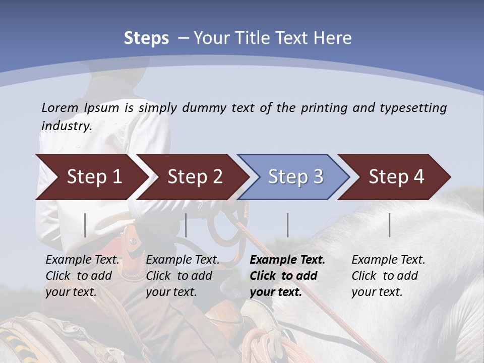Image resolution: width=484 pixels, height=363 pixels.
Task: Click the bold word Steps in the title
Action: click(146, 38)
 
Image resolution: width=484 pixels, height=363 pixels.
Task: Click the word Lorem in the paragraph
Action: click(60, 107)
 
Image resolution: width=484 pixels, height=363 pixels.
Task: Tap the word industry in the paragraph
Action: click(67, 126)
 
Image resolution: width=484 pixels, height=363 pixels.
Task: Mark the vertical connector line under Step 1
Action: click(85, 225)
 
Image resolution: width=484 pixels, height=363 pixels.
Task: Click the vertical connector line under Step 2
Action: click(186, 225)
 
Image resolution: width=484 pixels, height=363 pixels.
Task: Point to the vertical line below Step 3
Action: click(288, 225)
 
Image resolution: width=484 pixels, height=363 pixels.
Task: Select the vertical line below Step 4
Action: click(390, 225)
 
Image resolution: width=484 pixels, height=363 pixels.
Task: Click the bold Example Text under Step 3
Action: click(287, 260)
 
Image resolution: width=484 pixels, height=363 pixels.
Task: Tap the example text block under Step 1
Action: click(82, 276)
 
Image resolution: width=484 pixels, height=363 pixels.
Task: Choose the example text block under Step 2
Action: click(183, 276)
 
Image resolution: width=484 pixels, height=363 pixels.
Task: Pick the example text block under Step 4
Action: click(388, 276)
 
